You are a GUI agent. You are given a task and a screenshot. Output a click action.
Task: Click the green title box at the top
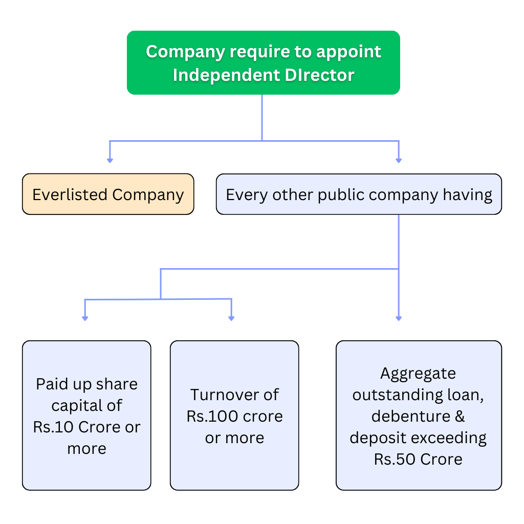click(x=263, y=62)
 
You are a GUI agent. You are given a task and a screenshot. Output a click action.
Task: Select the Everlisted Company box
click(x=108, y=194)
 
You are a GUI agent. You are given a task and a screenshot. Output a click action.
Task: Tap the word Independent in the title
click(x=225, y=75)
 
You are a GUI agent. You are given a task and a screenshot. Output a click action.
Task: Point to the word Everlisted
click(x=70, y=194)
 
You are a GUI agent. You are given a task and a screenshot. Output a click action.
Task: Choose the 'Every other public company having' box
click(x=359, y=194)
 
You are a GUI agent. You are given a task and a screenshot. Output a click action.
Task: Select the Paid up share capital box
click(x=86, y=415)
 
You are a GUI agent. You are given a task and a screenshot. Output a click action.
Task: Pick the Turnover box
click(x=234, y=415)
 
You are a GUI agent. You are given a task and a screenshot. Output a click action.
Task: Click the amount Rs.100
click(x=210, y=416)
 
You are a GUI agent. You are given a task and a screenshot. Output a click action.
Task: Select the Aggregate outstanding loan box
click(x=419, y=415)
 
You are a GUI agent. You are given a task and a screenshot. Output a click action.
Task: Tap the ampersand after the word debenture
click(x=459, y=416)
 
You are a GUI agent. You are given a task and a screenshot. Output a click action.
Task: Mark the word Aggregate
click(x=418, y=373)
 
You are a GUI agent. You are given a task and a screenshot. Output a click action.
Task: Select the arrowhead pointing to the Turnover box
click(x=231, y=318)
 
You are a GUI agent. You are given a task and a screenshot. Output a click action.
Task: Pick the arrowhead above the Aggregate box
click(x=399, y=318)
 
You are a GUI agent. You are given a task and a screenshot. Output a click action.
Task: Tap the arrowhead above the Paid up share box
click(x=85, y=318)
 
